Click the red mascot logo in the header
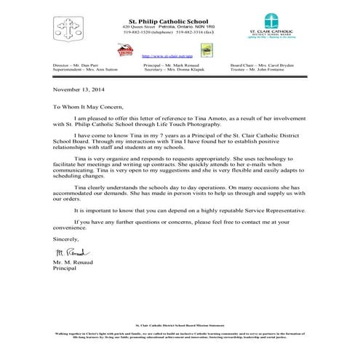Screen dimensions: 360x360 (126, 49)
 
